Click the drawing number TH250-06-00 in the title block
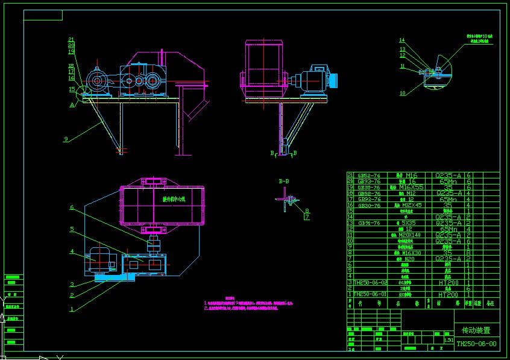point(476,344)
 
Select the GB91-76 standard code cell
point(368,223)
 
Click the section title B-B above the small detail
point(283,180)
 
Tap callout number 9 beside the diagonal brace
point(65,139)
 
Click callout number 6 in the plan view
point(71,207)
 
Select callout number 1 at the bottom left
point(72,309)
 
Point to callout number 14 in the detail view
point(402,40)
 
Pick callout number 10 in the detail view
point(402,93)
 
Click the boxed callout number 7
point(307,216)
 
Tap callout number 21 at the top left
point(71,40)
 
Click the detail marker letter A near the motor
point(72,104)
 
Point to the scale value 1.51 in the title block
point(448,339)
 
